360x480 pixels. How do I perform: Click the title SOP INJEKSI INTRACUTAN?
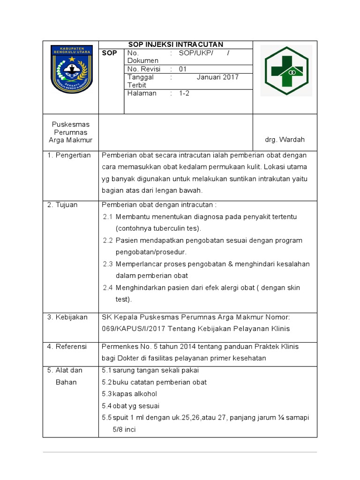click(x=176, y=45)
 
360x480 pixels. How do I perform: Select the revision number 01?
click(x=183, y=69)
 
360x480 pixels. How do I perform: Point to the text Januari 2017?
click(x=217, y=77)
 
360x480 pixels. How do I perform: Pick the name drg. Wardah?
click(x=285, y=140)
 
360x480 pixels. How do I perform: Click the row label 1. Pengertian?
click(x=69, y=155)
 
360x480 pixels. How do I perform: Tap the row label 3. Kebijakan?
click(x=67, y=317)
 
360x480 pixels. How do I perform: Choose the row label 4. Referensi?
click(x=67, y=347)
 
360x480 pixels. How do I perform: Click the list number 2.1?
click(x=108, y=217)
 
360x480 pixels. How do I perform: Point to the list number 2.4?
click(x=108, y=287)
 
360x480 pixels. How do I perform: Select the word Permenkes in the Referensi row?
click(x=118, y=347)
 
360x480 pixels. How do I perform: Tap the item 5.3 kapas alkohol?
click(x=129, y=394)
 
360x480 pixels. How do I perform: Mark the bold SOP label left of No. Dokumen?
click(x=109, y=53)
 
